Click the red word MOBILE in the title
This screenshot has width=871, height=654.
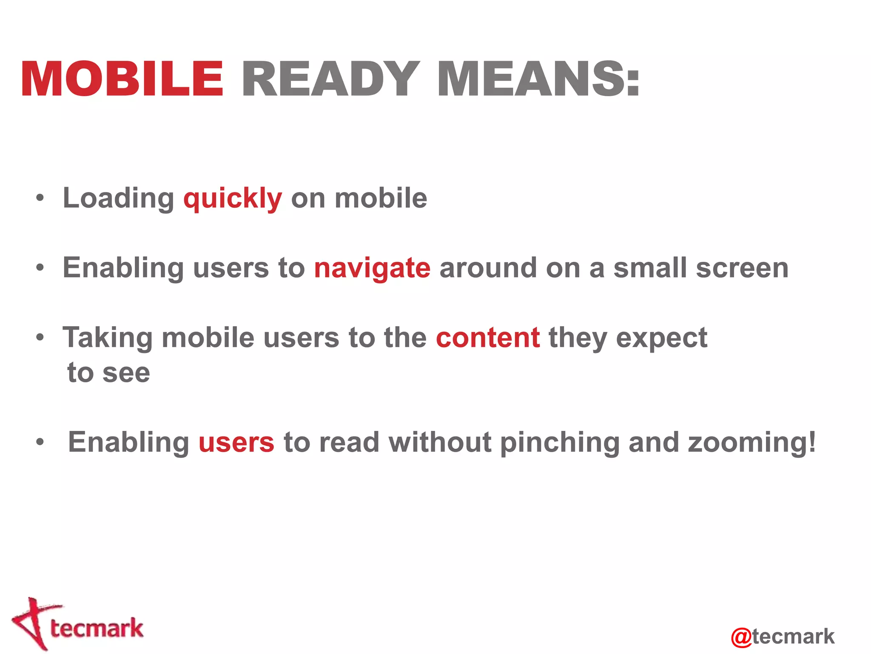pos(122,79)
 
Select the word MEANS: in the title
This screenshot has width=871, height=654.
pos(538,79)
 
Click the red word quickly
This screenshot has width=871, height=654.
pos(233,199)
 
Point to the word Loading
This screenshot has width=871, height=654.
pos(118,199)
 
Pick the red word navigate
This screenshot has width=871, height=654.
pos(372,269)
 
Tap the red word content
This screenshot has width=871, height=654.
pos(488,338)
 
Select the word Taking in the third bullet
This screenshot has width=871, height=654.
pos(107,338)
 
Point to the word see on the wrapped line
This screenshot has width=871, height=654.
pos(126,373)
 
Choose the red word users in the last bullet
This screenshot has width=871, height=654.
pos(236,442)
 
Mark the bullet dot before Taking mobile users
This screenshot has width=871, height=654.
pos(40,337)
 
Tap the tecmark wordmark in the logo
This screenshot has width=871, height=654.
pos(97,628)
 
